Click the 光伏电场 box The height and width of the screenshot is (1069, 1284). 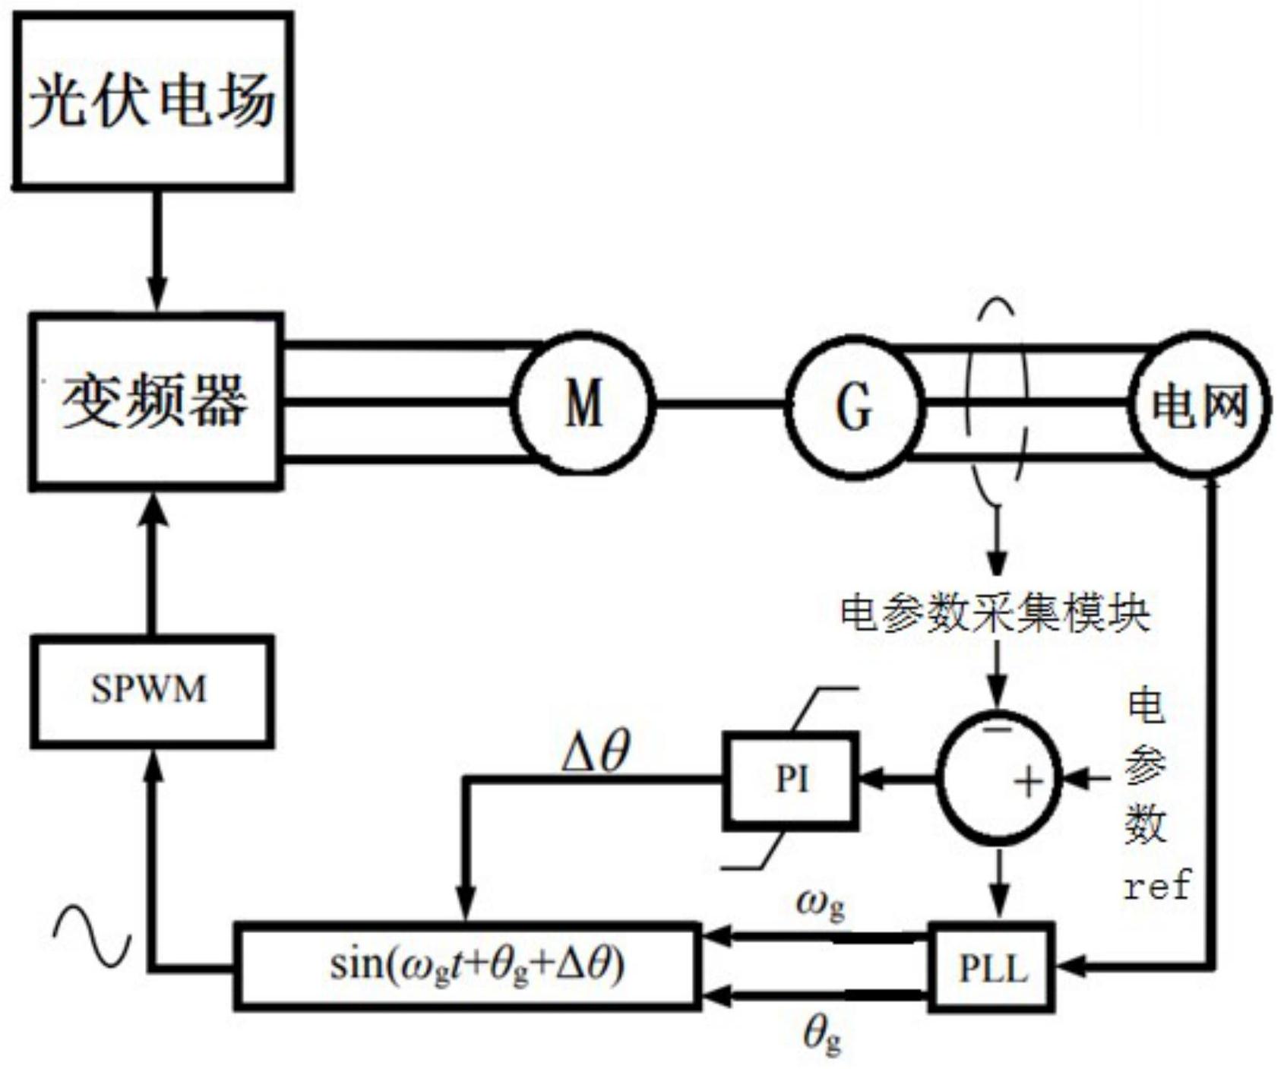153,100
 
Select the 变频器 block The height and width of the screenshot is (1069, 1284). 156,400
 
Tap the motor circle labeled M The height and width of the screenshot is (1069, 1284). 583,403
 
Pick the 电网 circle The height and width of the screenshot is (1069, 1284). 1199,405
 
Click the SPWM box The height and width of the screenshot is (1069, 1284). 151,690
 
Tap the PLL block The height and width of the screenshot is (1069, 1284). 993,967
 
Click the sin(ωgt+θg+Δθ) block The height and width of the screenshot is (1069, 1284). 466,966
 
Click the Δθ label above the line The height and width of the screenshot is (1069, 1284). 596,753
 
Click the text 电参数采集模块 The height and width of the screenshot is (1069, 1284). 995,612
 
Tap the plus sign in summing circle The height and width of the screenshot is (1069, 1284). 1029,781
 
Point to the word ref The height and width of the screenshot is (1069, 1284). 1157,886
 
